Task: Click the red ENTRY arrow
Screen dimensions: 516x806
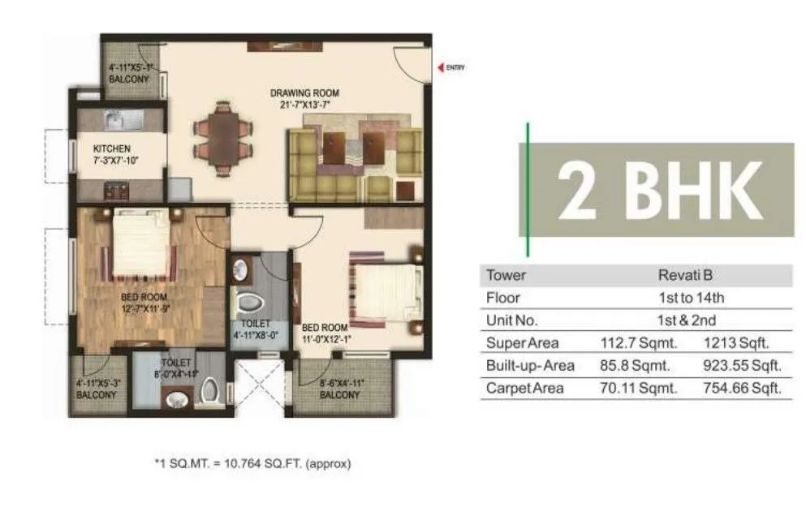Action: (x=441, y=68)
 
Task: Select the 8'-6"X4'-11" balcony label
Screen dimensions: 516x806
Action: (x=338, y=389)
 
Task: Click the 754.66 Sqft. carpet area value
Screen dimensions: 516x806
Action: (x=742, y=389)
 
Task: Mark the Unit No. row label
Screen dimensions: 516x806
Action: (x=511, y=320)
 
